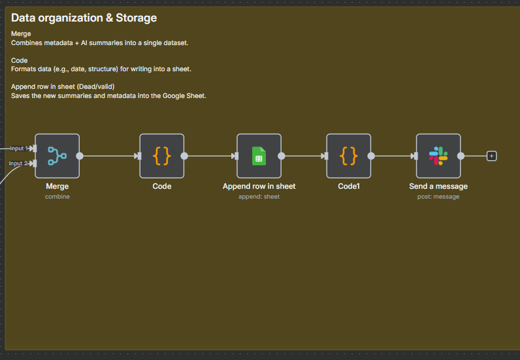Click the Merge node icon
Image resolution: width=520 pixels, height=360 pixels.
(57, 156)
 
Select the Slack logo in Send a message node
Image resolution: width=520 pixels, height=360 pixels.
(438, 156)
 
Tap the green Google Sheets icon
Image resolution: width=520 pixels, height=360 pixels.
(259, 156)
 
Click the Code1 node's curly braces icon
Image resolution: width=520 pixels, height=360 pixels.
(349, 156)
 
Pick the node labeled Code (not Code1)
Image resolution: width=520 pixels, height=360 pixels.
(162, 156)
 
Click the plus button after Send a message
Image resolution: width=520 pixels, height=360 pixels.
(491, 156)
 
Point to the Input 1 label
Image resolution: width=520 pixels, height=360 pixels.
(18, 148)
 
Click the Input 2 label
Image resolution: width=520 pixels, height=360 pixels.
(18, 163)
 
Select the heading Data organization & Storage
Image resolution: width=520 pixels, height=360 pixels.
(84, 18)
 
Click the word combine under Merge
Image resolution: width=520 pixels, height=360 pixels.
(57, 197)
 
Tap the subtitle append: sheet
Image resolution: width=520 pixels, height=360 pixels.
(259, 197)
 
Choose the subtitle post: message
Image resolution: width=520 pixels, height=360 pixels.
(438, 197)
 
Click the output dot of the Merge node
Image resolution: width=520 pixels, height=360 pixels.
(80, 156)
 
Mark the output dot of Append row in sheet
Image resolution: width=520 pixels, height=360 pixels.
(281, 156)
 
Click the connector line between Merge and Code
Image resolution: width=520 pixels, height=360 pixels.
(109, 156)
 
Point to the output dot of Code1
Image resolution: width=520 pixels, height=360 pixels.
(371, 156)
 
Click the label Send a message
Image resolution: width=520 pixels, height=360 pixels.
(438, 186)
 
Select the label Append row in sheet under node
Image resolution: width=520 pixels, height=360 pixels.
(259, 186)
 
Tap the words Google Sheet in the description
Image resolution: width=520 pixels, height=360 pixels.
(184, 96)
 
